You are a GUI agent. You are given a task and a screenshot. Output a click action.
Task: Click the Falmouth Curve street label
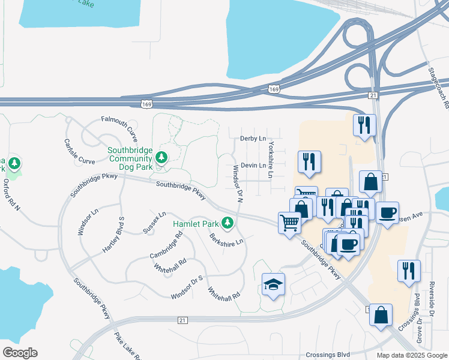[x=119, y=125]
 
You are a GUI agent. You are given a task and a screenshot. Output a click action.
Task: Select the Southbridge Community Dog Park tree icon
[x=161, y=157]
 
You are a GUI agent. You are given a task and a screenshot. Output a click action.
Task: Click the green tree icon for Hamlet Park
[x=227, y=223]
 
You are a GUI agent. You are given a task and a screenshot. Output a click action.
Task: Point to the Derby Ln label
[x=253, y=139]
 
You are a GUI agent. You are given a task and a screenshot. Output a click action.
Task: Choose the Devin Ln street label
[x=253, y=165]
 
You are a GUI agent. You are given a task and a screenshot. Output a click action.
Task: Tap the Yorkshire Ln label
[x=271, y=160]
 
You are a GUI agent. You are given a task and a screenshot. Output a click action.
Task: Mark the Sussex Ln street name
[x=154, y=222]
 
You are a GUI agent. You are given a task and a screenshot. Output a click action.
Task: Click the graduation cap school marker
[x=274, y=284]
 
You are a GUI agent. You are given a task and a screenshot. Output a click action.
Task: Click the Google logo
[x=20, y=353]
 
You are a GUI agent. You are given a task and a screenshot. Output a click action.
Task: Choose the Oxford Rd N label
[x=11, y=196]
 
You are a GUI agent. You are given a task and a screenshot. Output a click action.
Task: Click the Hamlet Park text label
[x=196, y=224]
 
